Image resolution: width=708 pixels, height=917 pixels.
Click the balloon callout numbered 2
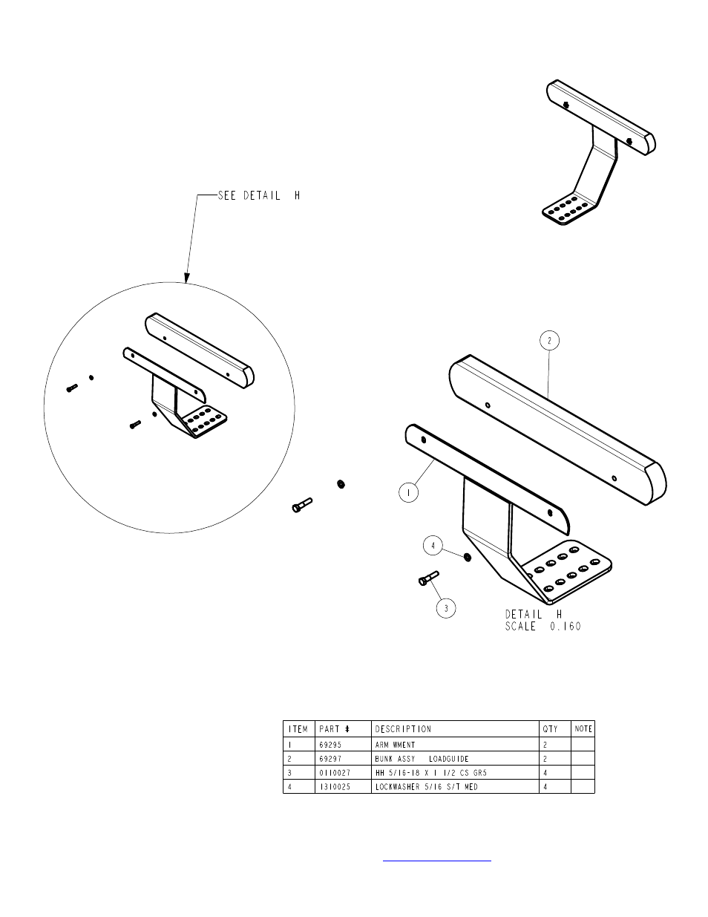coord(548,341)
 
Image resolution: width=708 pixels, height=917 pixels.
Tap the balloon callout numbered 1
coord(408,492)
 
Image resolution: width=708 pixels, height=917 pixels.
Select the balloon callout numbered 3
coord(446,608)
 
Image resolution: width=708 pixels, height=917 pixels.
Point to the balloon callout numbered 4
coord(433,546)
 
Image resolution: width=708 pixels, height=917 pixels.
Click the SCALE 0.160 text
coord(543,626)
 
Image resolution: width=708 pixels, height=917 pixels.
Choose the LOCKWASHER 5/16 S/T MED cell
coord(426,786)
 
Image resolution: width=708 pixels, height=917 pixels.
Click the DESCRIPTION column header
coord(403,729)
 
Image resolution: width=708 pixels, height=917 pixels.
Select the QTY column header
coord(550,729)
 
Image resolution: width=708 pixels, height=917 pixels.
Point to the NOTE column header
coord(583,729)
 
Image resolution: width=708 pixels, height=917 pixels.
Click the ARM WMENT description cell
coord(395,744)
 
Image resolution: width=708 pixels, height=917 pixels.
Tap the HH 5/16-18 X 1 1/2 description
coord(430,772)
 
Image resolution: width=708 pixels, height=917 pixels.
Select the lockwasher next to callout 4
coord(466,557)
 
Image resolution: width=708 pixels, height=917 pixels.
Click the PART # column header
coord(334,729)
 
